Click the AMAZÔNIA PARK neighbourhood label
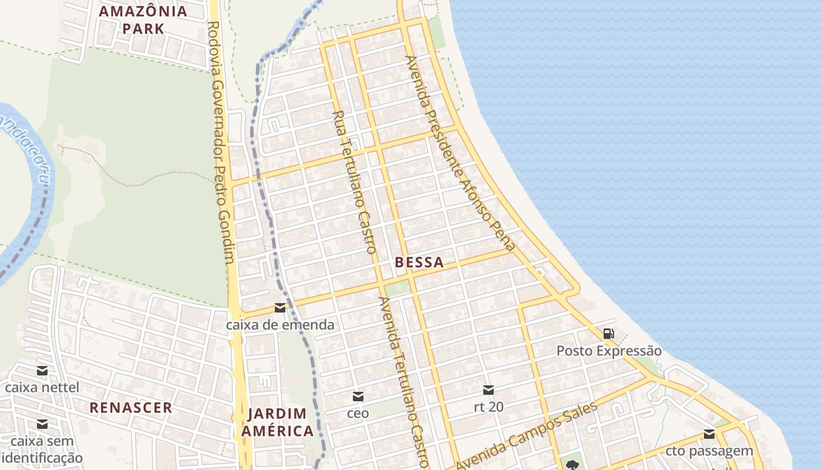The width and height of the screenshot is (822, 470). [143, 19]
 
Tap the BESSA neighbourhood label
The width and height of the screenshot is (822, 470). [419, 263]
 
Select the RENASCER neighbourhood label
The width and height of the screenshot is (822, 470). [131, 407]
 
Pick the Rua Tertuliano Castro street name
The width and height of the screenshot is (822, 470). [354, 182]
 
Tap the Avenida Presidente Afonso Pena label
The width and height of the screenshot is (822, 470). [460, 153]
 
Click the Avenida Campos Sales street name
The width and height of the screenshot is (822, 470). [526, 435]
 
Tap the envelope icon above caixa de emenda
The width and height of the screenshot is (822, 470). [280, 308]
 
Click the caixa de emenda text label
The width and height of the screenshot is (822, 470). [280, 325]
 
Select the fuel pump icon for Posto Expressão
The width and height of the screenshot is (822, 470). [609, 334]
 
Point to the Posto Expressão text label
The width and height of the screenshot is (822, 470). [609, 351]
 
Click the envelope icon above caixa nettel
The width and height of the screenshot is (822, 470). [42, 371]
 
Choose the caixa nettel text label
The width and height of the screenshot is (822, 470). [42, 388]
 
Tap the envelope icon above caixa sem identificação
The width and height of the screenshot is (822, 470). [42, 424]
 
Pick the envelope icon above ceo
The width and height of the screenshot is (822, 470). [358, 397]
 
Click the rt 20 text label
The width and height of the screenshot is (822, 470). [489, 407]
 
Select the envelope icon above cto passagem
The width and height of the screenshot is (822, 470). [709, 434]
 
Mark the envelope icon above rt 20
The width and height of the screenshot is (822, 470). [489, 390]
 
